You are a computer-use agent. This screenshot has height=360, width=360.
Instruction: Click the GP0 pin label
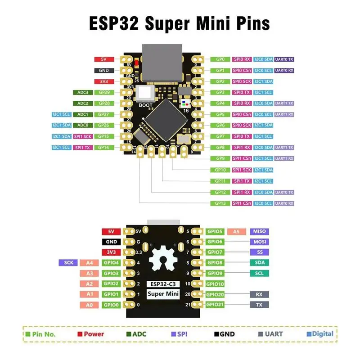click(220, 59)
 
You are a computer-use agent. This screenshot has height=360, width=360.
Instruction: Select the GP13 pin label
click(220, 203)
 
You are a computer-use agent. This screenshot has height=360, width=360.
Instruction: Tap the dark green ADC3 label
click(82, 93)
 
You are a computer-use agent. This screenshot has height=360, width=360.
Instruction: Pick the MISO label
click(259, 231)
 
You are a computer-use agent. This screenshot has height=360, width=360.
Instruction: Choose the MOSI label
click(259, 242)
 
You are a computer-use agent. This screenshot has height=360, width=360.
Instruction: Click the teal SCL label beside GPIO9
click(259, 273)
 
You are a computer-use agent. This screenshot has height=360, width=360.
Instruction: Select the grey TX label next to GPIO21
click(259, 305)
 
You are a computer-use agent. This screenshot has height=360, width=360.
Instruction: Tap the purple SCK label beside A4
click(68, 263)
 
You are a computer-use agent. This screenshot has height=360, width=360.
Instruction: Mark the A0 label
click(90, 305)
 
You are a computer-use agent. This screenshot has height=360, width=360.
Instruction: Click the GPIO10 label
click(215, 284)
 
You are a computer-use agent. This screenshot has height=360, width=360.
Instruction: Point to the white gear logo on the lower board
click(163, 261)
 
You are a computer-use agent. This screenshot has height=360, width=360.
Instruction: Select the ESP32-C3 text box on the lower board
click(163, 284)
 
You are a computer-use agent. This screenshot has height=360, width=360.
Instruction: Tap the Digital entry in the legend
click(320, 334)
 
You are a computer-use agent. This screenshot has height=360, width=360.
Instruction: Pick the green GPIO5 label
click(215, 231)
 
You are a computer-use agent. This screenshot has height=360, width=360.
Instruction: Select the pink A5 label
click(236, 231)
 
